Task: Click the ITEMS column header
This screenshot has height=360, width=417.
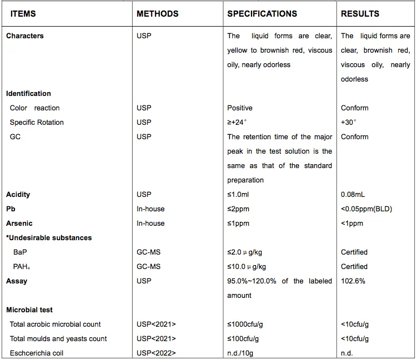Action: click(23, 14)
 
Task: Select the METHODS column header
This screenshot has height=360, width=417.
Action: click(158, 14)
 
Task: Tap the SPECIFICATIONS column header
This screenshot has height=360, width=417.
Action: click(262, 14)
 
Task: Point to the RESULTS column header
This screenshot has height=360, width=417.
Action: click(360, 14)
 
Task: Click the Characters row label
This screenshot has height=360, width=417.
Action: click(25, 36)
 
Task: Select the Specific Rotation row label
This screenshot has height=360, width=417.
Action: click(37, 123)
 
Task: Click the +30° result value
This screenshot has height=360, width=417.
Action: click(349, 123)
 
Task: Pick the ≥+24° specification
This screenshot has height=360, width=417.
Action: click(238, 123)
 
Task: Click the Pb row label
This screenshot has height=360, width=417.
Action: click(11, 209)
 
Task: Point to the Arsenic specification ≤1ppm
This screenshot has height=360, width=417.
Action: click(238, 224)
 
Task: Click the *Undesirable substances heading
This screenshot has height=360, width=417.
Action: click(49, 238)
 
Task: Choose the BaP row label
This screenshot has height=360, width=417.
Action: click(19, 252)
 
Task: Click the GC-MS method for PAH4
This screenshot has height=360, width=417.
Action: click(148, 267)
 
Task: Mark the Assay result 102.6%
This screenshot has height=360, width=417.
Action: click(353, 281)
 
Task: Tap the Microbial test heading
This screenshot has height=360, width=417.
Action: click(29, 310)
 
